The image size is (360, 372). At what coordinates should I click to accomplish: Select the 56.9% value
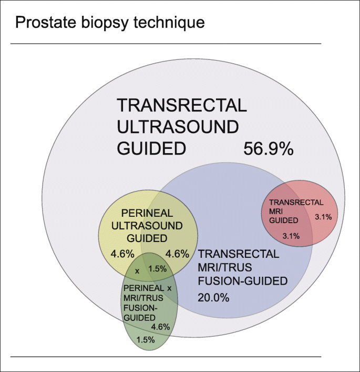pyautogui.click(x=268, y=149)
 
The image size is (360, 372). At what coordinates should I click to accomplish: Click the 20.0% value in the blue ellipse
pyautogui.click(x=213, y=297)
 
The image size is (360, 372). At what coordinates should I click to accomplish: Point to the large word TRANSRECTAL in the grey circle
pyautogui.click(x=181, y=105)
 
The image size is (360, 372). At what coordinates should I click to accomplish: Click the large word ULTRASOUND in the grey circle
pyautogui.click(x=178, y=127)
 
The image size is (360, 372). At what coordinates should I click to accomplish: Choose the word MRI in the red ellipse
pyautogui.click(x=275, y=211)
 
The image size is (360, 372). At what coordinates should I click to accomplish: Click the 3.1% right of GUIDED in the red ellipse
pyautogui.click(x=323, y=216)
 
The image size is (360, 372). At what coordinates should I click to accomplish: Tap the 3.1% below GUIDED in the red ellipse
pyautogui.click(x=291, y=236)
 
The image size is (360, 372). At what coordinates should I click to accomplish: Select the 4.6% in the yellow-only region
pyautogui.click(x=122, y=254)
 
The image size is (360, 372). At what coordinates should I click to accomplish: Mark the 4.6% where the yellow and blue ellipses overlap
pyautogui.click(x=177, y=254)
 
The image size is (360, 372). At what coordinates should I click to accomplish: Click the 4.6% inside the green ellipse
pyautogui.click(x=160, y=326)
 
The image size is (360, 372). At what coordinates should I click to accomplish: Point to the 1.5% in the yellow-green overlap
pyautogui.click(x=157, y=269)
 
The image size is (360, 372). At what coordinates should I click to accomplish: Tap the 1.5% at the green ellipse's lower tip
pyautogui.click(x=146, y=339)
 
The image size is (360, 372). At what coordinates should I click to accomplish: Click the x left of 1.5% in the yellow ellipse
pyautogui.click(x=137, y=271)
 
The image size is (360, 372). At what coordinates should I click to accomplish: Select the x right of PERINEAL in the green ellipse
pyautogui.click(x=169, y=289)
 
